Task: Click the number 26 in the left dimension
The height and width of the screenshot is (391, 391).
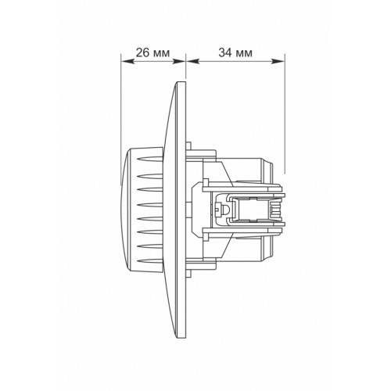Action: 142,52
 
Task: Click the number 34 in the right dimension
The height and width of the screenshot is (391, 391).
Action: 225,52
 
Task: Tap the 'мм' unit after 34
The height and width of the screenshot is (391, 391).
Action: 244,54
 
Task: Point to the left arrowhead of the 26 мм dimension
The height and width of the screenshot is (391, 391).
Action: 127,61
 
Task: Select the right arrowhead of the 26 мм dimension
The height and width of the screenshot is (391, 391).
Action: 179,61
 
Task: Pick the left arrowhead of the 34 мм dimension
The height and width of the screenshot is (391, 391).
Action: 193,61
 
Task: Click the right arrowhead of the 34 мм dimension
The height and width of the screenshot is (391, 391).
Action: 278,61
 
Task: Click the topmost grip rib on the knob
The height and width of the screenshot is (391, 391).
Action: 150,159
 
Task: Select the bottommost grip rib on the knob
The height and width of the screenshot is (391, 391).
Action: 150,260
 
